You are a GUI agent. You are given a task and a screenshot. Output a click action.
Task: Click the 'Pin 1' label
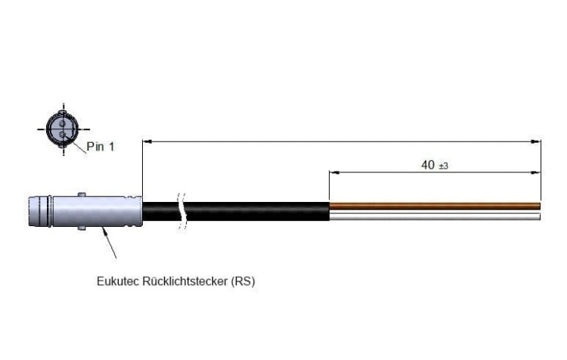point(100,147)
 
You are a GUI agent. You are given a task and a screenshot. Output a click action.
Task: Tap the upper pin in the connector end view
point(62,124)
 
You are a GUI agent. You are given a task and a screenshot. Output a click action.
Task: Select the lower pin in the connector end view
point(63,135)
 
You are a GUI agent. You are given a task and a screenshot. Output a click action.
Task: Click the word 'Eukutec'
point(118,281)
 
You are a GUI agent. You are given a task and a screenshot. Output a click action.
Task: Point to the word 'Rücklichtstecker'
point(185,281)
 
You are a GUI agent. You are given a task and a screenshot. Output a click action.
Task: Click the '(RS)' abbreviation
point(243,281)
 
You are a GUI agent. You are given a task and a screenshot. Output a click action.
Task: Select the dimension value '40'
point(428,165)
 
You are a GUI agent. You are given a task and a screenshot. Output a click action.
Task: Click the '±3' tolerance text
point(443,166)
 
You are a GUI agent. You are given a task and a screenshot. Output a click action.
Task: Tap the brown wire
point(435,206)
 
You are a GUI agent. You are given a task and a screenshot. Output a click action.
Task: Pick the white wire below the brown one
point(435,216)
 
